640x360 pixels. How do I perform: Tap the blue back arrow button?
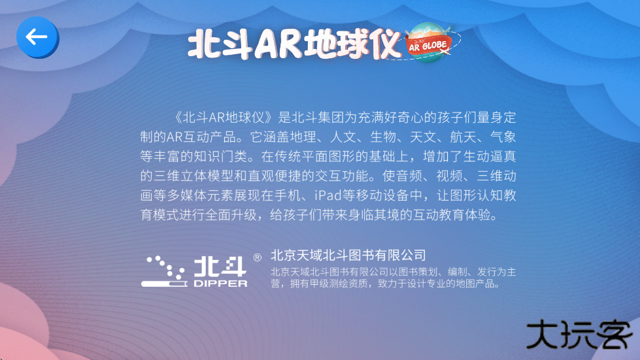[x=37, y=37]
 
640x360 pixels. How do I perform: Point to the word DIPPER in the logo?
[x=220, y=284]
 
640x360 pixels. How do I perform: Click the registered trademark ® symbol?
[x=257, y=258]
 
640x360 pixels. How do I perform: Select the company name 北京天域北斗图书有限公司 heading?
[x=348, y=255]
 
